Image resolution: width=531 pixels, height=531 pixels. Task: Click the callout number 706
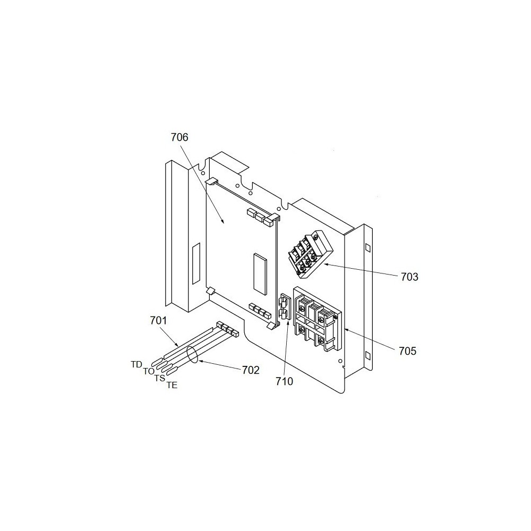coord(179,138)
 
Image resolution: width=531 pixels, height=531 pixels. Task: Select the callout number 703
coord(410,277)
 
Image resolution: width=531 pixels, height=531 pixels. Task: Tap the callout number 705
coord(407,351)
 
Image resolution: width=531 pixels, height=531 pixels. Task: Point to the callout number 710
coord(285,381)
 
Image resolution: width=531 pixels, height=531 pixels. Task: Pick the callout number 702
coord(251,371)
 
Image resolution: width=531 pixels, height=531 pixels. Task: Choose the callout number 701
coord(158,320)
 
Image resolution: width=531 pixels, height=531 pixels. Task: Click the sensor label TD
coord(136,364)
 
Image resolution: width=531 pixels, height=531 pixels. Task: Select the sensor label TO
coord(149,371)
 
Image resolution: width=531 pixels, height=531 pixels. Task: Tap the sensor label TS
coord(160,378)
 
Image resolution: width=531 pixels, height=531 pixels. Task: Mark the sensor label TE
coord(172,386)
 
